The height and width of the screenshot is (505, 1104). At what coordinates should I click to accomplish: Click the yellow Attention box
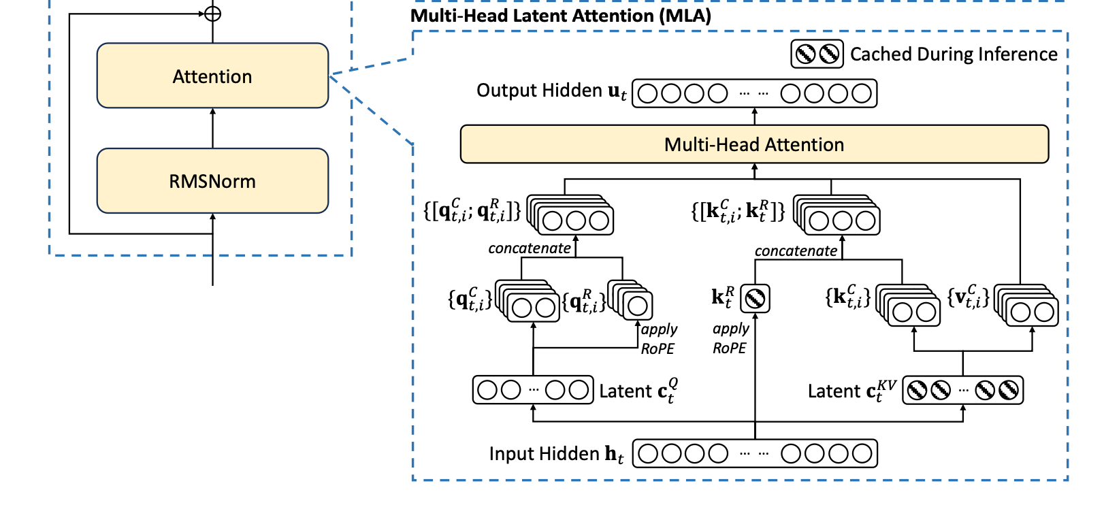212,76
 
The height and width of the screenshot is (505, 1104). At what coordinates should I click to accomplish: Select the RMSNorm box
212,181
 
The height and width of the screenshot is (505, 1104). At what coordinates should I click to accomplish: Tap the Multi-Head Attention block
754,144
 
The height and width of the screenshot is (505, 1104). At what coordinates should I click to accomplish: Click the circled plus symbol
212,14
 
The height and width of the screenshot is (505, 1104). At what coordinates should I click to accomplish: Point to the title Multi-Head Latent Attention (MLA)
561,16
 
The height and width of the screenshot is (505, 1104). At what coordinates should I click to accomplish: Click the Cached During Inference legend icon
817,54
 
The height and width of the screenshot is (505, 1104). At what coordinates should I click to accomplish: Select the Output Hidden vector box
755,93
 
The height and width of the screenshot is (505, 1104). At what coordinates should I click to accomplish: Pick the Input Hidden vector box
755,453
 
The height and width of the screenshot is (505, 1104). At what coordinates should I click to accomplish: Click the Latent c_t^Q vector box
533,390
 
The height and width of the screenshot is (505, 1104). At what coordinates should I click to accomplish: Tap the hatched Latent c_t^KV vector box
963,390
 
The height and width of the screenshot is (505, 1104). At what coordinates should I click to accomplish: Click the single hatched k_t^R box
755,298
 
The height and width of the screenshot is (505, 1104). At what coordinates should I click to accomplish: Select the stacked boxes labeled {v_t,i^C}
1026,305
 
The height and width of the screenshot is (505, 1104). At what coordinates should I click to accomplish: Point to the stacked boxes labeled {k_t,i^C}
908,305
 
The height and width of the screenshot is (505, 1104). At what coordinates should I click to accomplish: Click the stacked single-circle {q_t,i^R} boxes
630,301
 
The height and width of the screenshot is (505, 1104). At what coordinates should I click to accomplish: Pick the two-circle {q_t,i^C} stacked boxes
527,301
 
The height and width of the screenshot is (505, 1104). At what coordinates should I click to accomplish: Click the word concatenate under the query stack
530,248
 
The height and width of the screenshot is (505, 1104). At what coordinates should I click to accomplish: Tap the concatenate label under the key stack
796,250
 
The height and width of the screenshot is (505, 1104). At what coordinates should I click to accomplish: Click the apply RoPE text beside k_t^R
730,338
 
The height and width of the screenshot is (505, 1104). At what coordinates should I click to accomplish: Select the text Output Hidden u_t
551,91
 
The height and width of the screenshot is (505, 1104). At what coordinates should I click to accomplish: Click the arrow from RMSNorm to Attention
212,128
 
